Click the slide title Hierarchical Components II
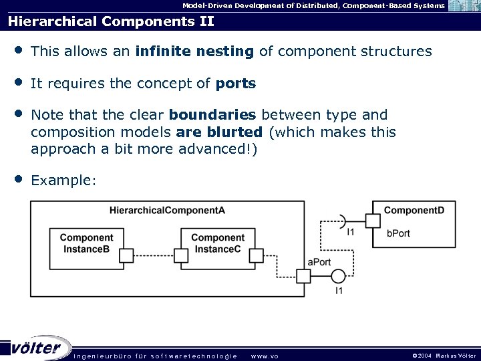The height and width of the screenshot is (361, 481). (x=111, y=21)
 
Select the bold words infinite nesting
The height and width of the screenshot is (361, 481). (x=194, y=51)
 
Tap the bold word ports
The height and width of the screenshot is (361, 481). (x=236, y=84)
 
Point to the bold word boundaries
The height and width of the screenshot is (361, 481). (x=212, y=115)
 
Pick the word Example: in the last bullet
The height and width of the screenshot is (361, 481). (x=64, y=180)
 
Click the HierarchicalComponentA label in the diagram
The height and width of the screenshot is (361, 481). (x=167, y=211)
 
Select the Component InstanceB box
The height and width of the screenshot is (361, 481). (x=86, y=243)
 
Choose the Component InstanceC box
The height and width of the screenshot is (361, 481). (x=218, y=243)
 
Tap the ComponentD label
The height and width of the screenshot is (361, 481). (x=414, y=211)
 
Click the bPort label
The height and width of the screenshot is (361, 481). (x=398, y=233)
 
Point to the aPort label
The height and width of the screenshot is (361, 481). (x=319, y=262)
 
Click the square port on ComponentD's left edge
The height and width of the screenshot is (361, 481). (x=372, y=221)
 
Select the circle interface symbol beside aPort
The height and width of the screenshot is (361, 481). (x=338, y=275)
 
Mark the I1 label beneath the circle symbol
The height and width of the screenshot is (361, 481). (x=339, y=291)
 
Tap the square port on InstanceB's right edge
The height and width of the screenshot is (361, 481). (x=126, y=255)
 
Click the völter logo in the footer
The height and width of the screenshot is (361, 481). (x=37, y=348)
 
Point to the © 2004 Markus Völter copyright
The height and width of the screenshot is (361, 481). (x=444, y=356)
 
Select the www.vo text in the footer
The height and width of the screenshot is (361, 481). (x=264, y=356)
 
